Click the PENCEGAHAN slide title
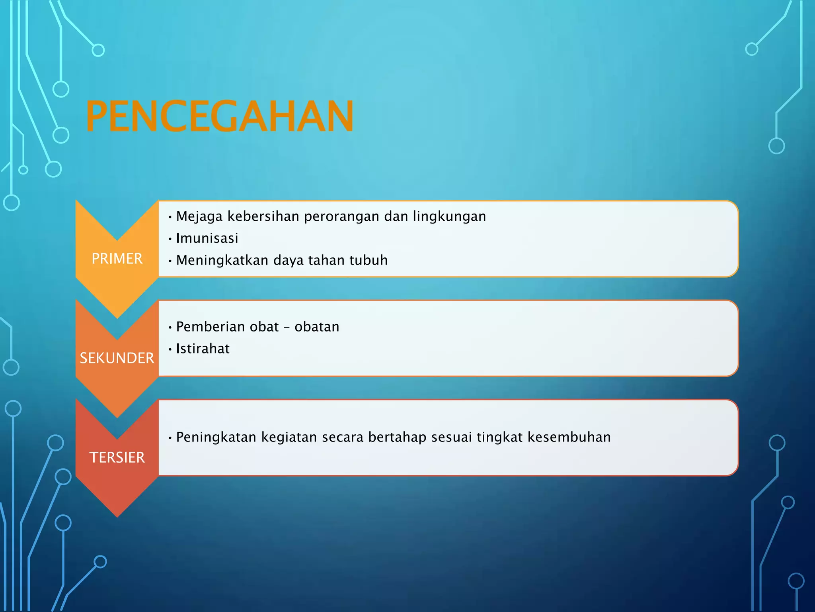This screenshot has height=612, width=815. point(219,116)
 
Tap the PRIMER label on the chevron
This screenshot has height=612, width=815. point(117,259)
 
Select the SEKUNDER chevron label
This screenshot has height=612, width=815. point(117,358)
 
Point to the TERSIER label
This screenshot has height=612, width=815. point(117,457)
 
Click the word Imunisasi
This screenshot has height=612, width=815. point(207,238)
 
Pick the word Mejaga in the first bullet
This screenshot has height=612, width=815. point(199,217)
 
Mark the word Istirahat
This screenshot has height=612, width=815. point(203,349)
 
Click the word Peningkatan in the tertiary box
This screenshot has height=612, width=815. point(216,437)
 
